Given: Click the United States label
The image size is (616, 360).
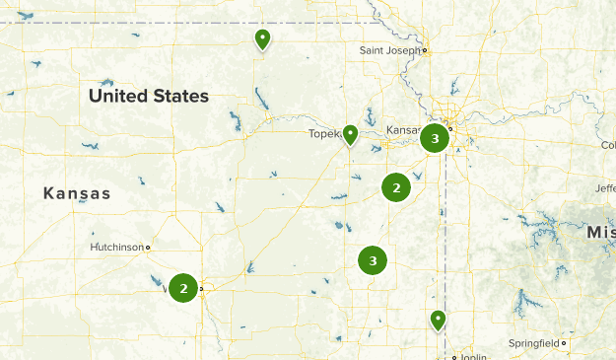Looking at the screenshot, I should [x=148, y=97].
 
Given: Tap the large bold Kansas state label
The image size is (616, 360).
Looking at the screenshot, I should [x=77, y=194].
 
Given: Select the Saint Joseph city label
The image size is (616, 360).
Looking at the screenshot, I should [x=390, y=49].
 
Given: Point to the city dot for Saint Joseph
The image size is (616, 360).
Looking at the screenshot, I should [x=425, y=49].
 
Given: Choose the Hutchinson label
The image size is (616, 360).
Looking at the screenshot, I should [x=116, y=247].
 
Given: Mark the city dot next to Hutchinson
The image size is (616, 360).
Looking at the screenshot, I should [x=148, y=247].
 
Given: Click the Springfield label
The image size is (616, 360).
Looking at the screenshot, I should [x=533, y=343].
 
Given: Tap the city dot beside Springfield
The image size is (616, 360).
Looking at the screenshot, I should [x=564, y=343].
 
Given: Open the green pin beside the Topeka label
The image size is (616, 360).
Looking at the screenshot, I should [x=350, y=134].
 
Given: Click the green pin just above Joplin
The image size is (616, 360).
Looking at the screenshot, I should [x=438, y=320].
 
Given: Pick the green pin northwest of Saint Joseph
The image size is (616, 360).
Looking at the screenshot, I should [x=262, y=39].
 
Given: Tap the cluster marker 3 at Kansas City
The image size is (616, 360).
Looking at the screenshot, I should [x=435, y=139].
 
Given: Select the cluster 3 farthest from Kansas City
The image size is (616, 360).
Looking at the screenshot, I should [x=373, y=260].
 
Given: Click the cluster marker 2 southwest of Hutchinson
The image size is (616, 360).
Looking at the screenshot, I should [x=183, y=288].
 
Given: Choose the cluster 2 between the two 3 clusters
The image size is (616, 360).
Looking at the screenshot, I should [x=396, y=186].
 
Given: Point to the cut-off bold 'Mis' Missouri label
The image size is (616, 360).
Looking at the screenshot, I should [x=600, y=232].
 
